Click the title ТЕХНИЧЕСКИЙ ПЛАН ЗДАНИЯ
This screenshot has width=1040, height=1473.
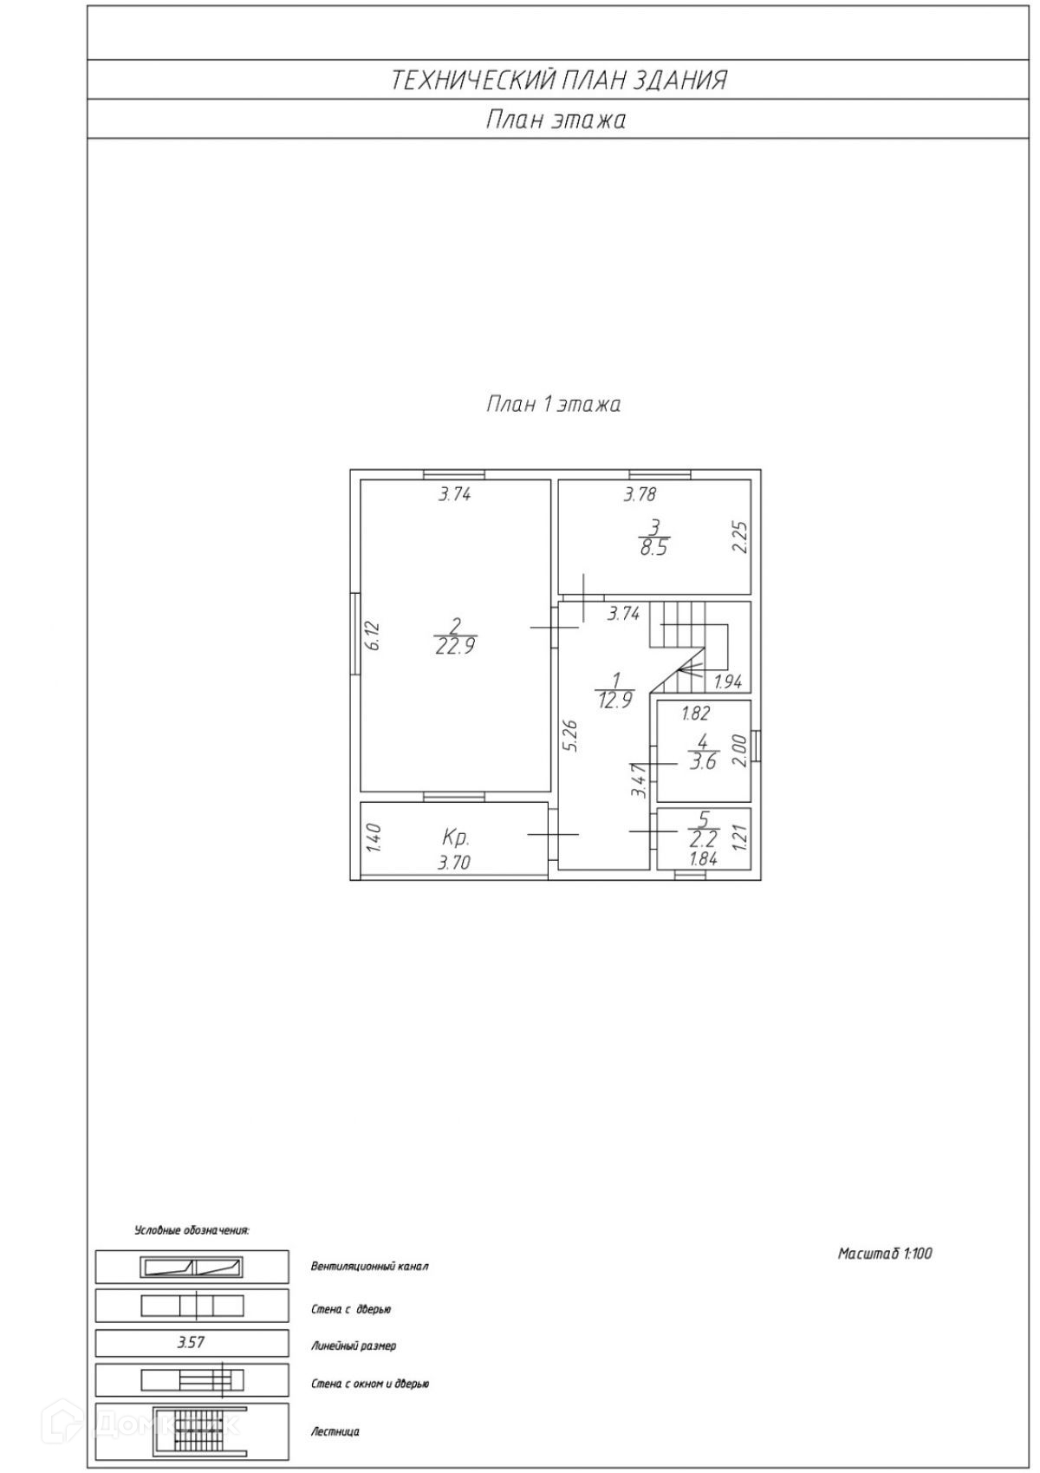tap(558, 80)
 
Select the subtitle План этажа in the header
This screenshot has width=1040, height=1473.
tap(555, 119)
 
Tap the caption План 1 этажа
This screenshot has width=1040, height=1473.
tap(553, 404)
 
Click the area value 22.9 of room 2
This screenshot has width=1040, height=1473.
tap(455, 646)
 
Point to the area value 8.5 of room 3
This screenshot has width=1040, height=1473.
tap(653, 548)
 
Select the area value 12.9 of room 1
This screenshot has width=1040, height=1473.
tap(614, 700)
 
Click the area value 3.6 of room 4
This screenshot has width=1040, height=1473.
tap(703, 763)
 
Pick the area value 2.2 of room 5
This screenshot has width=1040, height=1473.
tap(703, 838)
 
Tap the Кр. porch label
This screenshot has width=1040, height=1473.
tap(456, 838)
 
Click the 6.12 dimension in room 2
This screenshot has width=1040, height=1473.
tap(373, 635)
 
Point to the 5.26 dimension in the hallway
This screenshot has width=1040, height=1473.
tap(569, 734)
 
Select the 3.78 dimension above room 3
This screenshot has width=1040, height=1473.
tap(640, 495)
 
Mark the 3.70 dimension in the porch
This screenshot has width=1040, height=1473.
tap(454, 863)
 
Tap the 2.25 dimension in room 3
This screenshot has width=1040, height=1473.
tap(738, 538)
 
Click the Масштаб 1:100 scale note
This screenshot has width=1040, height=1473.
tap(885, 1253)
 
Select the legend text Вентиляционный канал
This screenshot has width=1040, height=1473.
tap(370, 1266)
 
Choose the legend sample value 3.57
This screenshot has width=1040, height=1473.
tap(191, 1342)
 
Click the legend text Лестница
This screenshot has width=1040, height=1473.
tap(335, 1431)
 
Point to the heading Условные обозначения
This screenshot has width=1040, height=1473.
tap(192, 1229)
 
